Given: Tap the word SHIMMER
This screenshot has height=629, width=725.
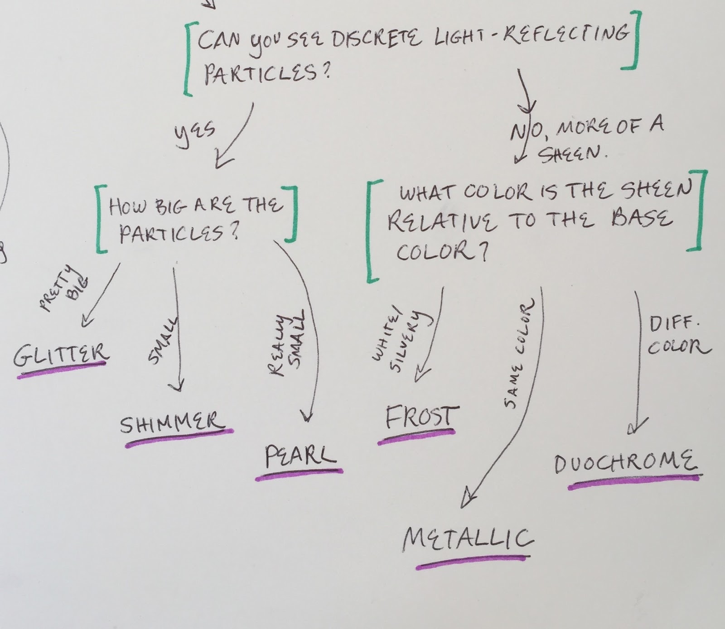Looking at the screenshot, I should tap(172, 424).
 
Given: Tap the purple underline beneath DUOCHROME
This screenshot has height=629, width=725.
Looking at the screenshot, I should tap(634, 482).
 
